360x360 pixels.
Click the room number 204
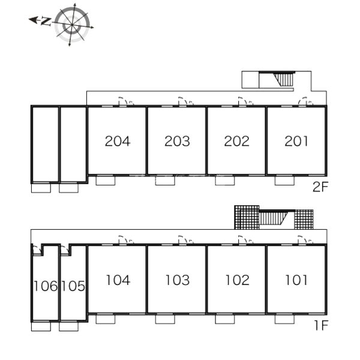[x=118, y=141]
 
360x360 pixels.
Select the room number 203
[x=177, y=141]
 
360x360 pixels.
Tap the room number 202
[x=237, y=141]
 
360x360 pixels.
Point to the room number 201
[x=296, y=141]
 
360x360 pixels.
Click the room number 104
[x=118, y=280]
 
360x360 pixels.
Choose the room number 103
[x=178, y=280]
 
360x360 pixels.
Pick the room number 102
[x=237, y=280]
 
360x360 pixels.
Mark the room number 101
[x=296, y=280]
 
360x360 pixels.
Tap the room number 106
[x=46, y=286]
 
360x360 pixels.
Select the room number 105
[x=73, y=286]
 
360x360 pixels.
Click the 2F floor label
[x=320, y=187]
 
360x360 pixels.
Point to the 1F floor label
[x=321, y=326]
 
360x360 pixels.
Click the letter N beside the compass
[x=46, y=22]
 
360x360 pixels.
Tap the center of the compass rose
[x=72, y=25]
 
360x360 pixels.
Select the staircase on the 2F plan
[x=284, y=79]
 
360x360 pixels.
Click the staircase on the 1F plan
[x=274, y=218]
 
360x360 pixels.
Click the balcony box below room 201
[x=284, y=181]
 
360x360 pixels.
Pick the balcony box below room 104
[x=106, y=319]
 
